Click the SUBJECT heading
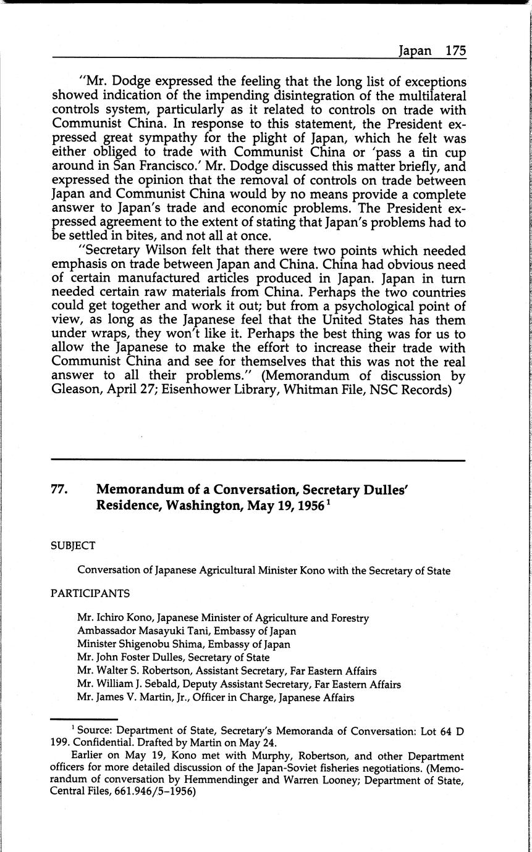coord(73,546)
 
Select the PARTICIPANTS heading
coord(90,593)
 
